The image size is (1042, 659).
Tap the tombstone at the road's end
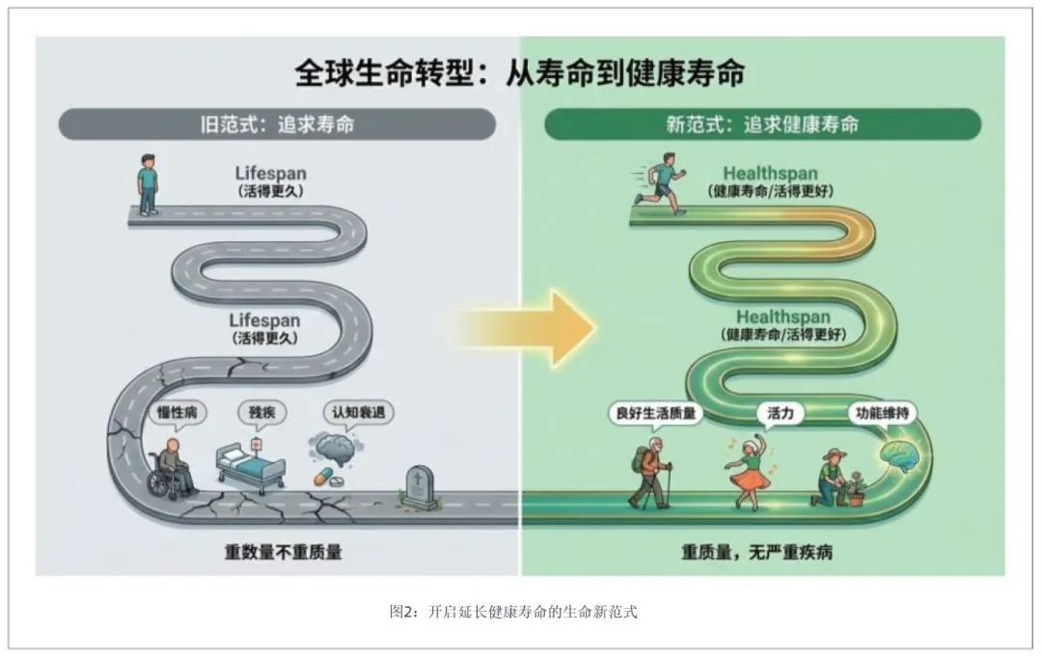418,485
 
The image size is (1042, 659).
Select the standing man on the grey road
147,183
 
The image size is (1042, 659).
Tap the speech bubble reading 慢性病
178,413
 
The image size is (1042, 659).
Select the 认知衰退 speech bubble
358,413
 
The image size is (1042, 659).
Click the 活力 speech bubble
780,413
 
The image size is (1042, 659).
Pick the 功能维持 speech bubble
881,413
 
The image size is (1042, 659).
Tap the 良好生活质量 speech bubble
656,413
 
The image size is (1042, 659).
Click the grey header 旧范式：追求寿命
277,125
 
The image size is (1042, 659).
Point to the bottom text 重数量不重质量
283,553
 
